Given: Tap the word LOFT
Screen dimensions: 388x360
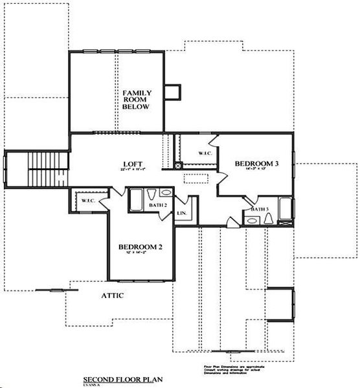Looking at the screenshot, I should click(133, 164).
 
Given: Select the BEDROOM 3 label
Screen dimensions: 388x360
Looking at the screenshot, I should click(256, 164).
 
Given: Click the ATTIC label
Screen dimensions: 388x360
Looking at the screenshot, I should click(112, 296).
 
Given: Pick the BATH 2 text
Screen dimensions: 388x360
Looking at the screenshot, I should click(158, 205).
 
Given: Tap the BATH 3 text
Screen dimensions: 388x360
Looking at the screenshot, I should click(260, 210).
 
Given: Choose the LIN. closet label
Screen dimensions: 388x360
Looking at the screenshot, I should click(182, 212).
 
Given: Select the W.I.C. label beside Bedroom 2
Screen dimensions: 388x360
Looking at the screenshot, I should click(88, 201).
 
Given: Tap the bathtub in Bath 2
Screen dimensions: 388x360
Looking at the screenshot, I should click(137, 200).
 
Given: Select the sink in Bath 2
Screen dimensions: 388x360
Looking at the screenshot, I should click(166, 193).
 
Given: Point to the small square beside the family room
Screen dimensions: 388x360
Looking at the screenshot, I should click(172, 92).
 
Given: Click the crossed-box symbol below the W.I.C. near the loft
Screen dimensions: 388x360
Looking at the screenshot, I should click(178, 166).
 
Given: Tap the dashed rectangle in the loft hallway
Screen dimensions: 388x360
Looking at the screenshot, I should click(195, 178).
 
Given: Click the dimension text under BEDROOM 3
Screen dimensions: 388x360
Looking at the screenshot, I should click(256, 170).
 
